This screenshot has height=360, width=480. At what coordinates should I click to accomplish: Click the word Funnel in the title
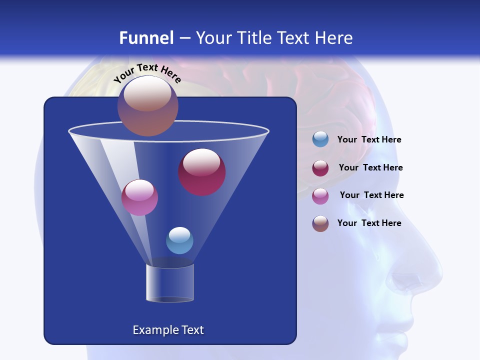coord(146,38)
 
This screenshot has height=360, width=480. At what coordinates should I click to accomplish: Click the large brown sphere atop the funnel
coord(148,105)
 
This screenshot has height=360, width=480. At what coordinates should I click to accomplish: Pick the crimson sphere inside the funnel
coord(201,172)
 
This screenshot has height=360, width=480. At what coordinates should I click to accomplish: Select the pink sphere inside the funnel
coord(139,197)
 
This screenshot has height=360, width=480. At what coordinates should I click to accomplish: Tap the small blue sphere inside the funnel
coord(179,240)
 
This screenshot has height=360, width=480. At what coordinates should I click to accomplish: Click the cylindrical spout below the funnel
coord(170,283)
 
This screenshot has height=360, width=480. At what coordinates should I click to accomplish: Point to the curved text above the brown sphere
coord(147,73)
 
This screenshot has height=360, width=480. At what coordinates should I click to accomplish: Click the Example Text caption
coord(168,330)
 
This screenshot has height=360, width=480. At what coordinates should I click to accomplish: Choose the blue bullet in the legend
coord(320,139)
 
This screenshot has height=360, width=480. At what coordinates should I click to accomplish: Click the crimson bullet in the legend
coord(320,168)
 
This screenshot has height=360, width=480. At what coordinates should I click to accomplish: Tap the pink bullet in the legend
coord(320,196)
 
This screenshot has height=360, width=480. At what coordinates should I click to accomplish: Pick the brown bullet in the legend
coord(320,223)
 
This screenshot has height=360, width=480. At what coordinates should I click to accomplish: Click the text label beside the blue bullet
coord(369,140)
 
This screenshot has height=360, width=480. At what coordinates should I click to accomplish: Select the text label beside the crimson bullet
coord(370,168)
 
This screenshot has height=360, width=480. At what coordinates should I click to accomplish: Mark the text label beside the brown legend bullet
coord(369,223)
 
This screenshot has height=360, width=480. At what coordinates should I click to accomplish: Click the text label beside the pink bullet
coord(371,195)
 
